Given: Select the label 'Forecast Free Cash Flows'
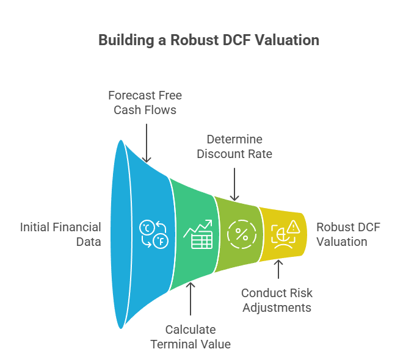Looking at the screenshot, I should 145,103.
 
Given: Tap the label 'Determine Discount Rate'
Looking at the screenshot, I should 234,146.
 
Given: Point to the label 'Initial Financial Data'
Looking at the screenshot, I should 60,234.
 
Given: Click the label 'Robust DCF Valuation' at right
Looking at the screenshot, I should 347,234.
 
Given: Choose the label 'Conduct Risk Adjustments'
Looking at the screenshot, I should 277,300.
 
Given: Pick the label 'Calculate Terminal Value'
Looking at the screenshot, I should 191,337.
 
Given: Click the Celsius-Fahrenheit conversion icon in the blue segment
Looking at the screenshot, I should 152,234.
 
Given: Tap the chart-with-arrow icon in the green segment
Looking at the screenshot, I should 198,234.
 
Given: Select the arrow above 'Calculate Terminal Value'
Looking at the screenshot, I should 191,299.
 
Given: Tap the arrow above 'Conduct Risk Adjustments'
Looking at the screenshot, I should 278,271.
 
